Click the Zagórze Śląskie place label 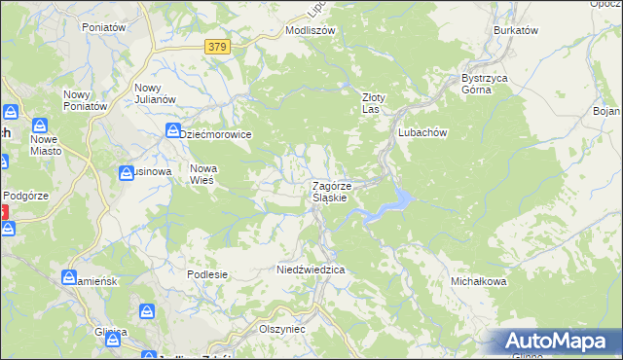click(x=337, y=191)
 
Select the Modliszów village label click(x=310, y=30)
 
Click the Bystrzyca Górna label click(x=485, y=84)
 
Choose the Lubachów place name click(x=421, y=132)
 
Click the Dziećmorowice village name click(x=217, y=134)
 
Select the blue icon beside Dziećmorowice click(x=172, y=130)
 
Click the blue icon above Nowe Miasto click(x=40, y=126)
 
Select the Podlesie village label click(x=207, y=274)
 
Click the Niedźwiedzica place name click(x=311, y=269)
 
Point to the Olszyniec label click(x=282, y=329)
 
